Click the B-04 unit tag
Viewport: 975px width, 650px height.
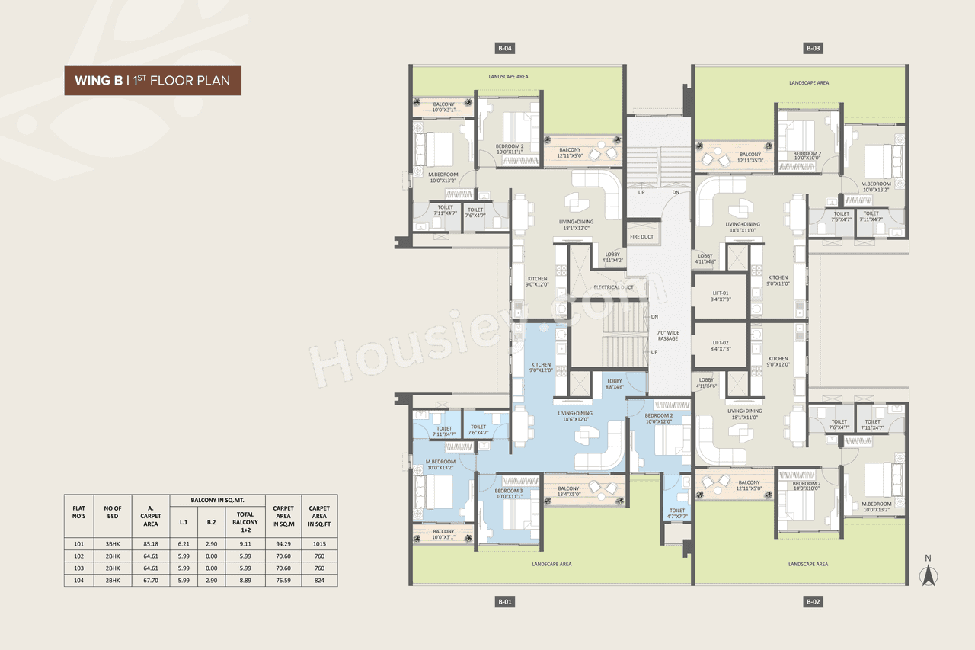point(504,49)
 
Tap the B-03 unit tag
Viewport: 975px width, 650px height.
point(813,49)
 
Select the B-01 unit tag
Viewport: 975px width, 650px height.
point(504,602)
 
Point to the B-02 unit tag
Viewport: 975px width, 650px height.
point(813,602)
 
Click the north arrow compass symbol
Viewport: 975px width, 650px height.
point(928,573)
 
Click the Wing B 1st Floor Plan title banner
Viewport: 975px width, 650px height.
point(152,80)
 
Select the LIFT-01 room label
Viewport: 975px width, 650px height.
point(721,296)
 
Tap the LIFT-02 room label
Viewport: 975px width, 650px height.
point(721,345)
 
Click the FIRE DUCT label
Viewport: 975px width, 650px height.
point(642,237)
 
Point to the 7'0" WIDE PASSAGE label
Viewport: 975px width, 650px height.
point(668,335)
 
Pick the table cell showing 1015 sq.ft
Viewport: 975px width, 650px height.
point(319,544)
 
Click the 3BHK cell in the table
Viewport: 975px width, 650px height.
point(113,544)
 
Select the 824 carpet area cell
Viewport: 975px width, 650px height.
point(319,580)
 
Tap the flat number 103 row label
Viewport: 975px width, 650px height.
point(78,568)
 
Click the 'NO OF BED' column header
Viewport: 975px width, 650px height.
point(113,511)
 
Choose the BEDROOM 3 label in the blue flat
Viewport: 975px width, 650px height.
point(509,493)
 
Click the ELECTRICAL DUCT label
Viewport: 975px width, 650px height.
point(614,287)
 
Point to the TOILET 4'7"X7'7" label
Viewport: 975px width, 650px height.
point(677,513)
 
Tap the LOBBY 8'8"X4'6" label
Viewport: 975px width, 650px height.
point(614,383)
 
